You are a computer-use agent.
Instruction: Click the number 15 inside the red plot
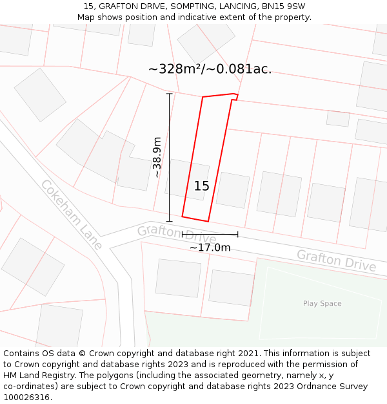[x=201, y=186]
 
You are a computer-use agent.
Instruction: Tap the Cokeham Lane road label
[x=71, y=214]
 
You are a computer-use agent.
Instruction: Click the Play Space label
[x=322, y=303]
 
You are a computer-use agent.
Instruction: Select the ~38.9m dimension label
[x=156, y=156]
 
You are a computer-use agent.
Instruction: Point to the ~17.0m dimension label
[x=210, y=247]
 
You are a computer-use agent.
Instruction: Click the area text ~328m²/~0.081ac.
[x=210, y=69]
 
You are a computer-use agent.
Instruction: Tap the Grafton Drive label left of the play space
[x=336, y=260]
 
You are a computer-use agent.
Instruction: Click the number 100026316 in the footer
[x=26, y=398]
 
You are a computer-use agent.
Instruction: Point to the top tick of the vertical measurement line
[x=170, y=94]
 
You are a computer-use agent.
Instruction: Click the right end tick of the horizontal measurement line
[x=238, y=234]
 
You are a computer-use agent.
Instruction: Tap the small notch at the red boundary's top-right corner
[x=235, y=97]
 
